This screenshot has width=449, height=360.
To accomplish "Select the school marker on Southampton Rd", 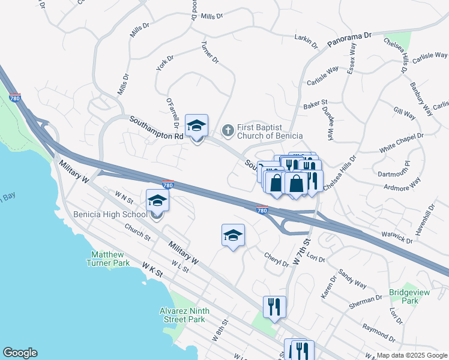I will click(196, 125).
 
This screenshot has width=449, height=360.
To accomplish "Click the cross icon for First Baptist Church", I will click(228, 130).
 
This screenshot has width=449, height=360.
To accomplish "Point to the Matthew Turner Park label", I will click(110, 259).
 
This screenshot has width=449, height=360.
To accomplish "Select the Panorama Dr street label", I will click(350, 40).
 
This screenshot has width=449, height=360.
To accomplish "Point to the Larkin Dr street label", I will click(306, 40).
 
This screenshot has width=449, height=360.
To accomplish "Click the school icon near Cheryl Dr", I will click(234, 236).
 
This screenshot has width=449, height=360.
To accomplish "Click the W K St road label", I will click(152, 268).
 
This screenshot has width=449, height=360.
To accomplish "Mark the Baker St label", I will click(315, 104).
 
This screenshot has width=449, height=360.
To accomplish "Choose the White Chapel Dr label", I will click(402, 142).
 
